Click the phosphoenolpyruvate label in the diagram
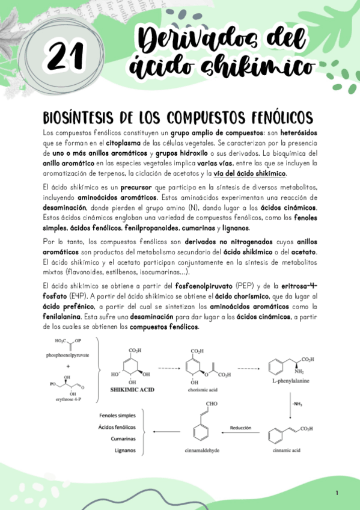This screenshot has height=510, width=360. point(67,355)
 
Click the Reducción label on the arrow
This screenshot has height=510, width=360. point(240,428)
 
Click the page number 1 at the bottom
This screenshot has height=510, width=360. point(337,493)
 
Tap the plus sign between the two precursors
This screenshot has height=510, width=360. point(67,366)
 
